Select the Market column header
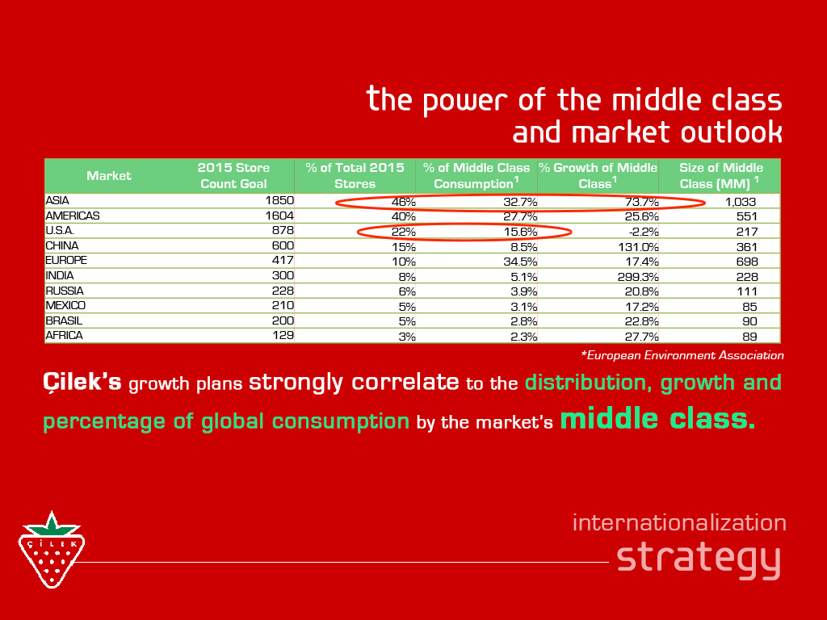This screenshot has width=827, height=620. [x=109, y=175]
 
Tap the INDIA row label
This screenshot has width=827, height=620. [x=60, y=276]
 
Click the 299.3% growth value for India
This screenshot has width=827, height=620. [x=638, y=277]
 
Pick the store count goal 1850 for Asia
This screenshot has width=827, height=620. [x=279, y=200]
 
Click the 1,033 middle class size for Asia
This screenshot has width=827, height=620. [x=741, y=201]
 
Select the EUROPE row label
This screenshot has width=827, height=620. [x=66, y=261]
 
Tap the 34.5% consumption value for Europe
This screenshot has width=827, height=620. [x=520, y=262]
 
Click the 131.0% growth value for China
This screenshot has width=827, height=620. [x=639, y=247]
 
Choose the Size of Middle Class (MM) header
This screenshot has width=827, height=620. [x=720, y=175]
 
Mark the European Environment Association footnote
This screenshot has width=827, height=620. [x=682, y=355]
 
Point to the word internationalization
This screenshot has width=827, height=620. [x=679, y=522]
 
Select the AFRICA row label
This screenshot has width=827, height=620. [x=64, y=335]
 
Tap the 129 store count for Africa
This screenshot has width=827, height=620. [x=283, y=335]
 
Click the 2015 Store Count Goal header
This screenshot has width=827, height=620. [x=233, y=175]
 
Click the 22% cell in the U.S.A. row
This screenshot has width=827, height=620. [x=404, y=232]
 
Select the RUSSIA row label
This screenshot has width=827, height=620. [x=65, y=291]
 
